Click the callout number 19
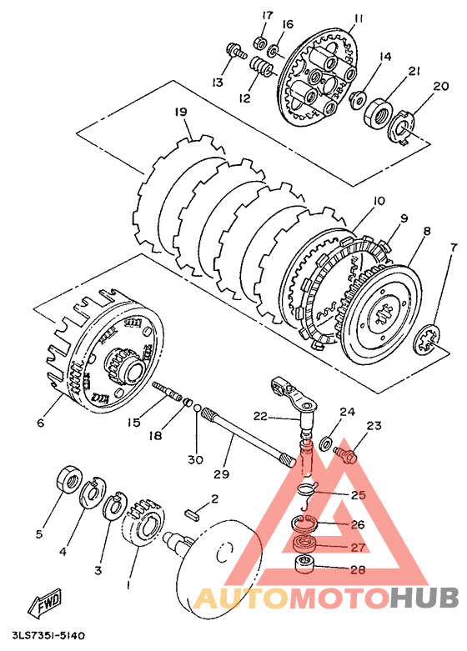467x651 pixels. pos(181,112)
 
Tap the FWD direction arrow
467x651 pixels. pos(44,602)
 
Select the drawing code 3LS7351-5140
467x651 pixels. pos(49,636)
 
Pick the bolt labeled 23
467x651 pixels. pos(345,453)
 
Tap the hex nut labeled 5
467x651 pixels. pos(68,478)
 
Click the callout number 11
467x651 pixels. pos(359,18)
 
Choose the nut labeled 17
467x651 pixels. pos(259,43)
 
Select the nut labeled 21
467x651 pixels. pos(378,111)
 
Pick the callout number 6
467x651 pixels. pos(40,423)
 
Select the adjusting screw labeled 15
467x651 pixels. pos(168,392)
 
